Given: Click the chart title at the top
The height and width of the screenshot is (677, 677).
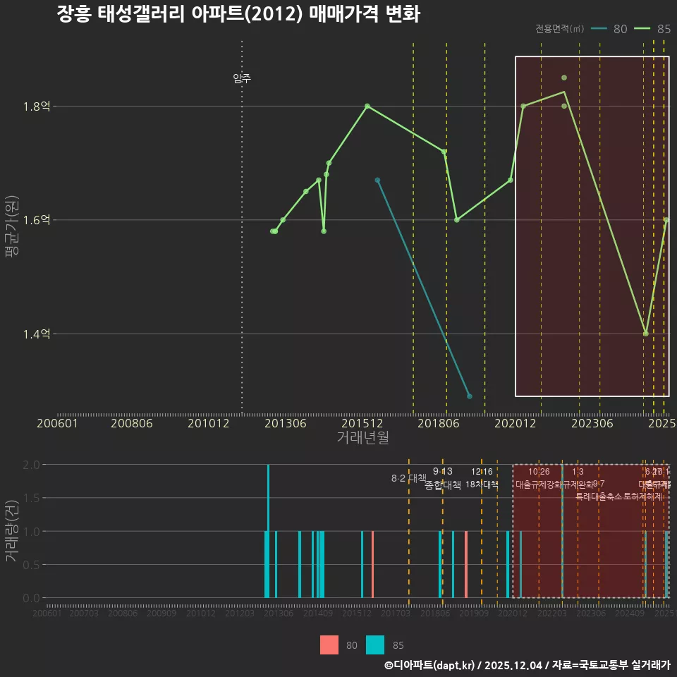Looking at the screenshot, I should (x=238, y=15).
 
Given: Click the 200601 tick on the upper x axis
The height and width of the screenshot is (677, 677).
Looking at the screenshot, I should (x=57, y=424).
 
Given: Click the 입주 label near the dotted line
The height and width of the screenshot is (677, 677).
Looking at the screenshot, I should (x=242, y=78).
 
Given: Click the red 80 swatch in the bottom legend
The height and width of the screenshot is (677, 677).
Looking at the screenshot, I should (x=329, y=645).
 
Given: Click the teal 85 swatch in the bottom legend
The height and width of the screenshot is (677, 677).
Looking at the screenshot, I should (x=375, y=645).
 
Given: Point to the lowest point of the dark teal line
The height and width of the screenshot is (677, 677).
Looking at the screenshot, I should (x=470, y=396).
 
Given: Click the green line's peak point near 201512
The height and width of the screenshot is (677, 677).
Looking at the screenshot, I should (x=367, y=106).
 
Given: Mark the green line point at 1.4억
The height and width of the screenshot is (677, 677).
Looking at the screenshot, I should (x=645, y=334).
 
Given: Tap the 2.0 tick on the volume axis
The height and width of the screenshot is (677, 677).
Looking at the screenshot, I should (x=31, y=465).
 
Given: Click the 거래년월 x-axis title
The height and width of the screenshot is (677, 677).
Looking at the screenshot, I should (x=362, y=438).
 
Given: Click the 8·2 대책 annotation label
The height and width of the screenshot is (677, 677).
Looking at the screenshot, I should (x=404, y=478).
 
